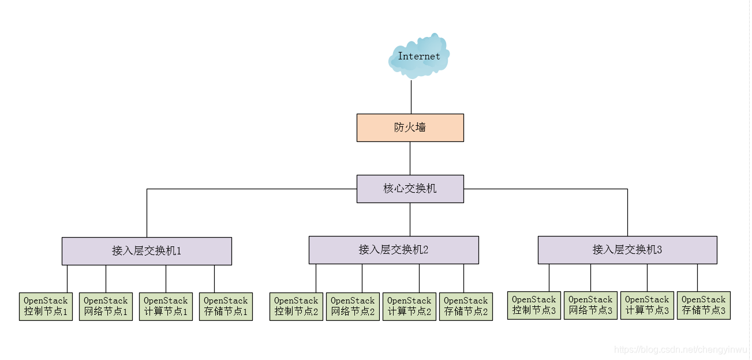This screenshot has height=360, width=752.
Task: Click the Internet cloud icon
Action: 419,56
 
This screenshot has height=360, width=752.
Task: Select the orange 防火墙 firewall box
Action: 410,127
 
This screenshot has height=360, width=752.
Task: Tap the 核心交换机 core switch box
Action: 410,189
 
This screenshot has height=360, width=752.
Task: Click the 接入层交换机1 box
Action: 147,251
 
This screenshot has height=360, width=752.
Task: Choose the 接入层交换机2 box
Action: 394,250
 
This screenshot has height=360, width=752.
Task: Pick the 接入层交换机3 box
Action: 627,250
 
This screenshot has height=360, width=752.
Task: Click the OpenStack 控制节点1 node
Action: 46,306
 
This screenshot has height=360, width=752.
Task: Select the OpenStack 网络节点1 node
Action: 106,306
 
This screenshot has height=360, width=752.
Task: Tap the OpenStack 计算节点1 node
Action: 166,306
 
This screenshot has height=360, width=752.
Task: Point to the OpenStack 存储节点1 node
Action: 226,306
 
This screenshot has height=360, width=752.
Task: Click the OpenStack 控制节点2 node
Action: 296,306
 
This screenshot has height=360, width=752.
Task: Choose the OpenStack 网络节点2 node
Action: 353,306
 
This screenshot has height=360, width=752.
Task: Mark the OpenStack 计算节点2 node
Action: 409,306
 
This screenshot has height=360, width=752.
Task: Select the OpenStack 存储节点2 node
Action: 466,306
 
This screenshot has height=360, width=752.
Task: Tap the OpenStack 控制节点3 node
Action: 534,305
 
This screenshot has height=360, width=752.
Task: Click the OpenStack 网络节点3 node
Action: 590,305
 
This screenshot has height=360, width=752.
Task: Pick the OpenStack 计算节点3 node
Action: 647,305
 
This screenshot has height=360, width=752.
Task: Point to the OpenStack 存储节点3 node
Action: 704,305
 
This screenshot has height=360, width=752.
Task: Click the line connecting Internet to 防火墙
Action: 411,97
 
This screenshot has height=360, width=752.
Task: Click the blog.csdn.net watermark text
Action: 681,350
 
